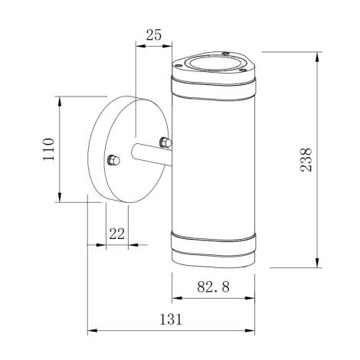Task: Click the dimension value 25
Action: [153, 34]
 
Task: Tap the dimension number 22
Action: [116, 234]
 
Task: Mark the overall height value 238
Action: [307, 159]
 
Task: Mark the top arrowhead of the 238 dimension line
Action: [316, 55]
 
